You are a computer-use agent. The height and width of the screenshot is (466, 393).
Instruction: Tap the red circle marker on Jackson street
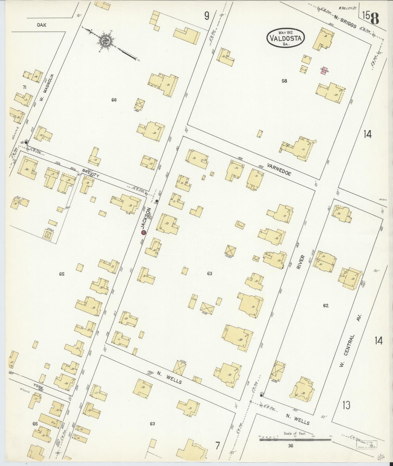[143, 232]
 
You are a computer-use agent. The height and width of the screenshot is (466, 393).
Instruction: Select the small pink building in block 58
[324, 71]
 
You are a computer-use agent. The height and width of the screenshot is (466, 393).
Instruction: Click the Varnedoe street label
[279, 170]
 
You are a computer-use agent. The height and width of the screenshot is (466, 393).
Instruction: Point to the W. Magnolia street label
[46, 88]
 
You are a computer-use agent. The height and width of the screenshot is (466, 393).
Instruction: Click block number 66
[114, 100]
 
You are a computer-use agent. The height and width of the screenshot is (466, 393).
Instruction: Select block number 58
[284, 81]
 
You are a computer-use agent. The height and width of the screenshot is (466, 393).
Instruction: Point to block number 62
[326, 306]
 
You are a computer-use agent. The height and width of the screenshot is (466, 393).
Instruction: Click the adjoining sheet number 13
[346, 405]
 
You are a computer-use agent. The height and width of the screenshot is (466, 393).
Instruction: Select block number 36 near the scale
[290, 446]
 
